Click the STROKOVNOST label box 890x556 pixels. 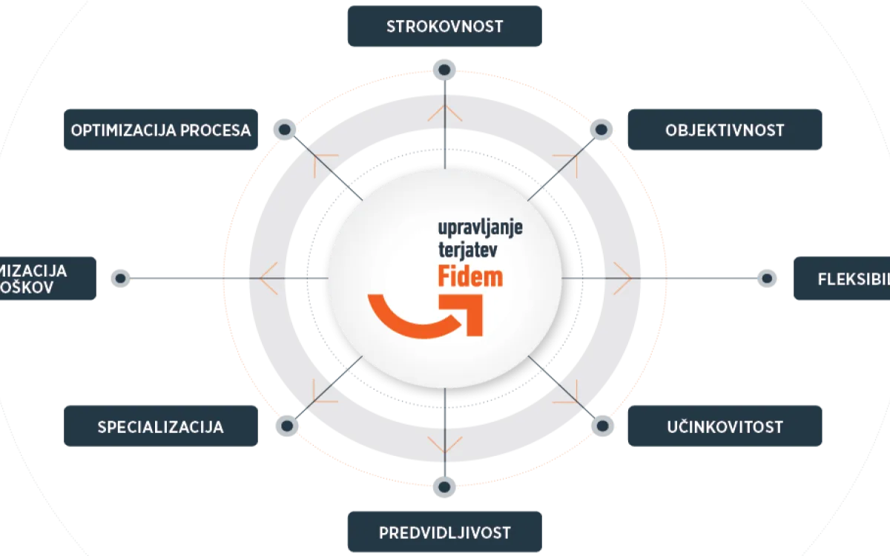pyautogui.click(x=444, y=27)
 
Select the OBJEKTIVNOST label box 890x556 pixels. pyautogui.click(x=725, y=130)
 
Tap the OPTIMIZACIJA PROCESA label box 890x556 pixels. pyautogui.click(x=161, y=130)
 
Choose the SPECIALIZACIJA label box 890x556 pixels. pyautogui.click(x=161, y=426)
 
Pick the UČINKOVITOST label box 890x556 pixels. pyautogui.click(x=725, y=426)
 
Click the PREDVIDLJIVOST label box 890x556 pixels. pyautogui.click(x=444, y=532)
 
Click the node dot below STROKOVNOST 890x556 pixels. pyautogui.click(x=444, y=70)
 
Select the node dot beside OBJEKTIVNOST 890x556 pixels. pyautogui.click(x=601, y=130)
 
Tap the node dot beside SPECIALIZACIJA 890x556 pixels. pyautogui.click(x=286, y=426)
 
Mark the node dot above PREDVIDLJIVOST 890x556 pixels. pyautogui.click(x=444, y=487)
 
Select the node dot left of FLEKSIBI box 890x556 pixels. pyautogui.click(x=767, y=279)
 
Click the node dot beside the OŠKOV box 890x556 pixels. pyautogui.click(x=121, y=279)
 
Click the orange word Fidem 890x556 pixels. pyautogui.click(x=469, y=276)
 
